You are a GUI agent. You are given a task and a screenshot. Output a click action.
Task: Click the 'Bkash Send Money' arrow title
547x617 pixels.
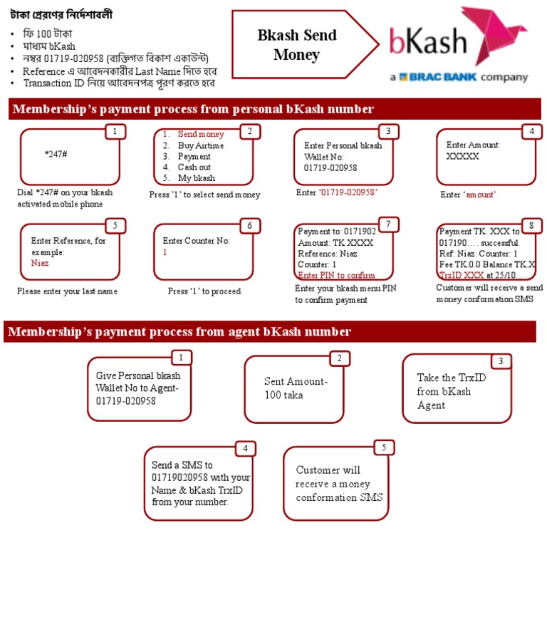tap(297, 45)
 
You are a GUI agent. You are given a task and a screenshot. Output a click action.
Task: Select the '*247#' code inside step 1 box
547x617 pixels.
tap(56, 154)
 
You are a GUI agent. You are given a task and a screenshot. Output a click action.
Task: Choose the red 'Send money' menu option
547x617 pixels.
tap(201, 134)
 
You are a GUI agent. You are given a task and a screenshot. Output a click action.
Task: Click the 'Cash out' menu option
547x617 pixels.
tap(194, 167)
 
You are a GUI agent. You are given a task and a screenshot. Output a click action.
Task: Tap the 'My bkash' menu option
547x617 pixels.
tap(196, 178)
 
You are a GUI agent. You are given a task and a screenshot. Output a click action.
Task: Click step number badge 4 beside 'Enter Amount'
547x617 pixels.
tap(531, 131)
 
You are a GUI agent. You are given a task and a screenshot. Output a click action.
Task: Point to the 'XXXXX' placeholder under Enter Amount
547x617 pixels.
tap(462, 156)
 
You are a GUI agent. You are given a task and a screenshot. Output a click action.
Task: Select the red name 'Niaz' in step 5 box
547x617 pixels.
tap(40, 263)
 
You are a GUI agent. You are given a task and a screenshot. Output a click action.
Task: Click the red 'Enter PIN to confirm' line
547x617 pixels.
tap(336, 276)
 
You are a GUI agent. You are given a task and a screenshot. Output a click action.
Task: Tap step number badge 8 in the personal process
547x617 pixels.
tap(531, 225)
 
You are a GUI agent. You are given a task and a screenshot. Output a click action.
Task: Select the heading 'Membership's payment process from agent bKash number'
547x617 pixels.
tap(179, 331)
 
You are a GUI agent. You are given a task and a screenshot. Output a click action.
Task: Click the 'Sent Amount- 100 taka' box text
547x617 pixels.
tap(296, 388)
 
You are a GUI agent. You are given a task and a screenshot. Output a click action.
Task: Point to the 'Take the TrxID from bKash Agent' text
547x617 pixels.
tap(452, 391)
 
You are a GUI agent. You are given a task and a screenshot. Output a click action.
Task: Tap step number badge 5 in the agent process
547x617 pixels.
tap(384, 447)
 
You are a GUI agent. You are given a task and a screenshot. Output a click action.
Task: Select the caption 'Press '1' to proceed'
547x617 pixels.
tap(204, 291)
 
